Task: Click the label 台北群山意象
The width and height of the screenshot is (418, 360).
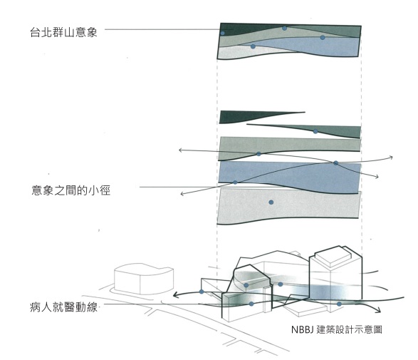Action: pyautogui.click(x=63, y=32)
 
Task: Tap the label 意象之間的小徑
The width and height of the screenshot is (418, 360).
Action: pyautogui.click(x=71, y=190)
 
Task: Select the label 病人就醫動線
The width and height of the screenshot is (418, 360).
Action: pyautogui.click(x=63, y=307)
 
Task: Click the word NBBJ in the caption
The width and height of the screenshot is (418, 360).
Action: pyautogui.click(x=302, y=329)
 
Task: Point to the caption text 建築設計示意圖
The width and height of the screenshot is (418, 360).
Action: pyautogui.click(x=349, y=329)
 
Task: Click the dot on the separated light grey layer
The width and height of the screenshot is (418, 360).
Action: pyautogui.click(x=271, y=202)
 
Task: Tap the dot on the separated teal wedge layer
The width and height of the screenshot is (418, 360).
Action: pyautogui.click(x=315, y=131)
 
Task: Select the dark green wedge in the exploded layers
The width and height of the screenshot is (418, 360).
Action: pyautogui.click(x=248, y=116)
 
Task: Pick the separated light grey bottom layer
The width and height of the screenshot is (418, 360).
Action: pyautogui.click(x=289, y=205)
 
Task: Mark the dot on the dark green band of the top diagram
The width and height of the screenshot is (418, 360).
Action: pyautogui.click(x=223, y=34)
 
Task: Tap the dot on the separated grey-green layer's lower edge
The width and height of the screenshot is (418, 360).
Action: pyautogui.click(x=258, y=154)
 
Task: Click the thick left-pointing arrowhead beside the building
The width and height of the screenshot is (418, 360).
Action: pyautogui.click(x=176, y=295)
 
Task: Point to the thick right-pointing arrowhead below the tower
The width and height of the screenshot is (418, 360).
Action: pyautogui.click(x=377, y=309)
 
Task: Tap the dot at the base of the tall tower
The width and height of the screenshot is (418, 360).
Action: pyautogui.click(x=339, y=304)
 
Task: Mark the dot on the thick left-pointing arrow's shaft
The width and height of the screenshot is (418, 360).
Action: pyautogui.click(x=202, y=292)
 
